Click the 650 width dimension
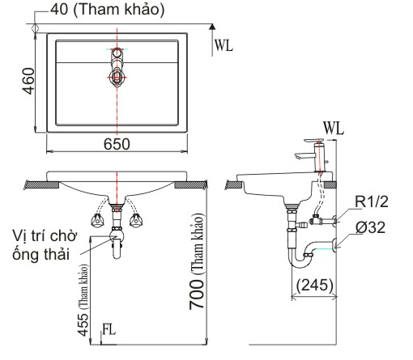(117, 144)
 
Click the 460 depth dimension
(28, 81)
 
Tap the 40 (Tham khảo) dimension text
(108, 10)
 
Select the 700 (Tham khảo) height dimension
(196, 261)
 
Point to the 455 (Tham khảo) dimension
(83, 300)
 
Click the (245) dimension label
(315, 285)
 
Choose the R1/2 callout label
(372, 201)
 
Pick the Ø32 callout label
(370, 227)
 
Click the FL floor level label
(109, 329)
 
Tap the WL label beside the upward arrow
(224, 45)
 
